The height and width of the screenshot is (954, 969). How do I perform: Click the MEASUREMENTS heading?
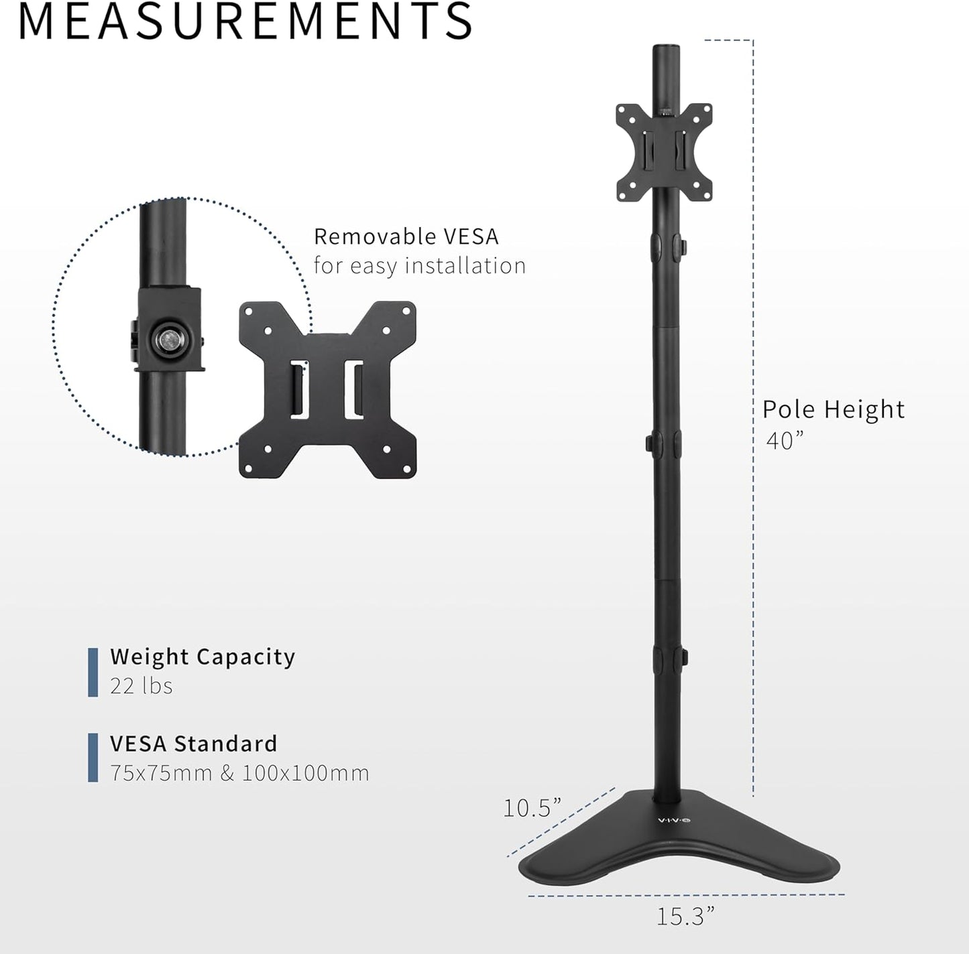245,21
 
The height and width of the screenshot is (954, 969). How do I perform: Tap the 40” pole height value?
784,441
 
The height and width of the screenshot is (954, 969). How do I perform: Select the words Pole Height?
833,409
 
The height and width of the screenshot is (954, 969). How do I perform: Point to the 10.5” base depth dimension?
532,808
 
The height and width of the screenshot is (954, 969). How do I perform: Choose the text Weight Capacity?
203,657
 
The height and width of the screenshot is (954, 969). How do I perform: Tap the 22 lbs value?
141,686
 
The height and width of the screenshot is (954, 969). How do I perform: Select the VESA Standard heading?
193,744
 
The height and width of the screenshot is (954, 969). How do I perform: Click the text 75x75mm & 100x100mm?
239,773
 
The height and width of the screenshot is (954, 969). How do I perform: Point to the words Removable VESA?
406,236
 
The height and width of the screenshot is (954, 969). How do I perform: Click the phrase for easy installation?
420,266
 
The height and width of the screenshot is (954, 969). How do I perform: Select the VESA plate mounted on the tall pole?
663,151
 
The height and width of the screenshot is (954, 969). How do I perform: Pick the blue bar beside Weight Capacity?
93,672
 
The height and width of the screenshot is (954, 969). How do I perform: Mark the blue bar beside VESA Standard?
93,758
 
